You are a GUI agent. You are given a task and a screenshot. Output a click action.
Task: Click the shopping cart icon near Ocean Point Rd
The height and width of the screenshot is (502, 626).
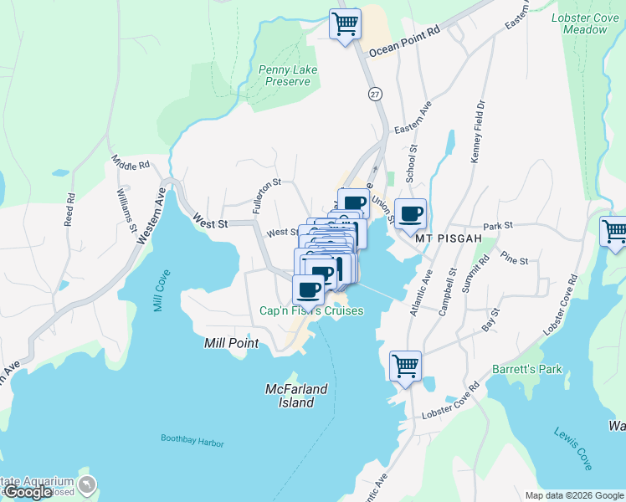(345, 23)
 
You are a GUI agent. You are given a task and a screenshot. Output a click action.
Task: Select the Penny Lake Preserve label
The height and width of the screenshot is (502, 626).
(288, 75)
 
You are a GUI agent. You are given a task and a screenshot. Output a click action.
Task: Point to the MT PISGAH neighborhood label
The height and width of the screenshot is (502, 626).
(449, 238)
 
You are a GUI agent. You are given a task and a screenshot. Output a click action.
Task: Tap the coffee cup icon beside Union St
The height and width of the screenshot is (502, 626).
(410, 214)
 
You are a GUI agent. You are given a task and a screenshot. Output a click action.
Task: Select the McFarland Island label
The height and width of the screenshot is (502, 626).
(290, 396)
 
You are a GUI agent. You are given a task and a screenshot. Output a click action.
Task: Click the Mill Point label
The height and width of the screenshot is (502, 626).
(232, 343)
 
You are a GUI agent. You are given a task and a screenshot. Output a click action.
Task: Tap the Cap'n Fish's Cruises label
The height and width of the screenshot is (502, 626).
(311, 311)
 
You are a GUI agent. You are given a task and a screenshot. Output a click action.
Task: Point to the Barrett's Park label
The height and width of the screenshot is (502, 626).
(526, 369)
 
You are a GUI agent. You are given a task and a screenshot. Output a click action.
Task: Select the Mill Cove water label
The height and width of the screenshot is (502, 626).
(162, 290)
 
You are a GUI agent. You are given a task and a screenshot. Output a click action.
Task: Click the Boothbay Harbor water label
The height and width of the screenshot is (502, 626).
(192, 440)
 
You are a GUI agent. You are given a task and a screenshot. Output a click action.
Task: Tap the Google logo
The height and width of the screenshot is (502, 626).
(28, 492)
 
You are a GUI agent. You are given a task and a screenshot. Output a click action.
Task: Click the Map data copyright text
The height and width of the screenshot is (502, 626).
(573, 495)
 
